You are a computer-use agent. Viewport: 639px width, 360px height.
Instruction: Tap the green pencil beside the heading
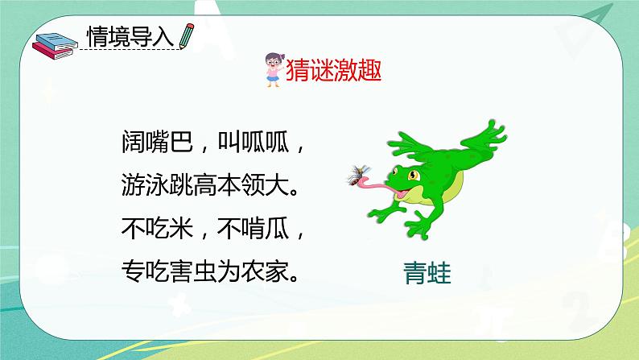tap(187, 35)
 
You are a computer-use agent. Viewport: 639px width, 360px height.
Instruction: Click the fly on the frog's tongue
tap(355, 174)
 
